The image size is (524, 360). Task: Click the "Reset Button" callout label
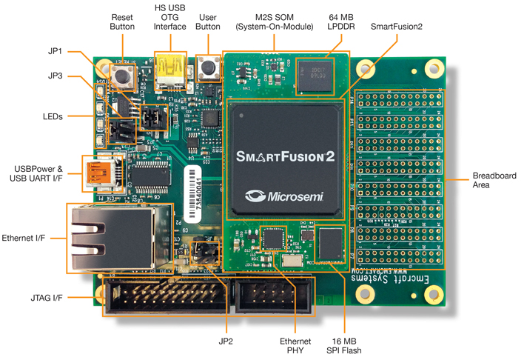[x=122, y=21]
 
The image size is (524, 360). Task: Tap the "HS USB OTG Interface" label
[x=170, y=16]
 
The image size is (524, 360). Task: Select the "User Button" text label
[x=209, y=21]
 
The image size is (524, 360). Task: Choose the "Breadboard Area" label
[x=494, y=180]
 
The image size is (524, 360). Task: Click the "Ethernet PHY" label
[x=291, y=345]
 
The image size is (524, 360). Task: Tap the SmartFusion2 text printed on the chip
[x=285, y=157]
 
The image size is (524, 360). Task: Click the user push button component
[x=209, y=69]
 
